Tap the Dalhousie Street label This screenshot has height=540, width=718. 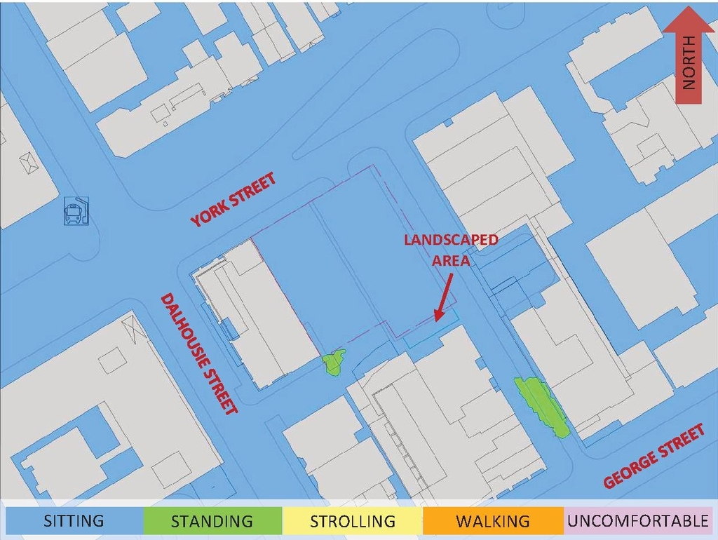click(200, 353)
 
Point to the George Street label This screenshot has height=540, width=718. click(654, 457)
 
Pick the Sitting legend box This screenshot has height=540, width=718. click(74, 521)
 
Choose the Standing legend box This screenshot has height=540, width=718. click(212, 521)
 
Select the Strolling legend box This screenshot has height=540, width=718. click(353, 521)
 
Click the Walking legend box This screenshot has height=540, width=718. click(493, 521)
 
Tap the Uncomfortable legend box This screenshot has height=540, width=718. click(637, 521)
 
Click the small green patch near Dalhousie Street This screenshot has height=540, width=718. click(334, 362)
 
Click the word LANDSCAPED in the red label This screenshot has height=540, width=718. click(451, 240)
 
